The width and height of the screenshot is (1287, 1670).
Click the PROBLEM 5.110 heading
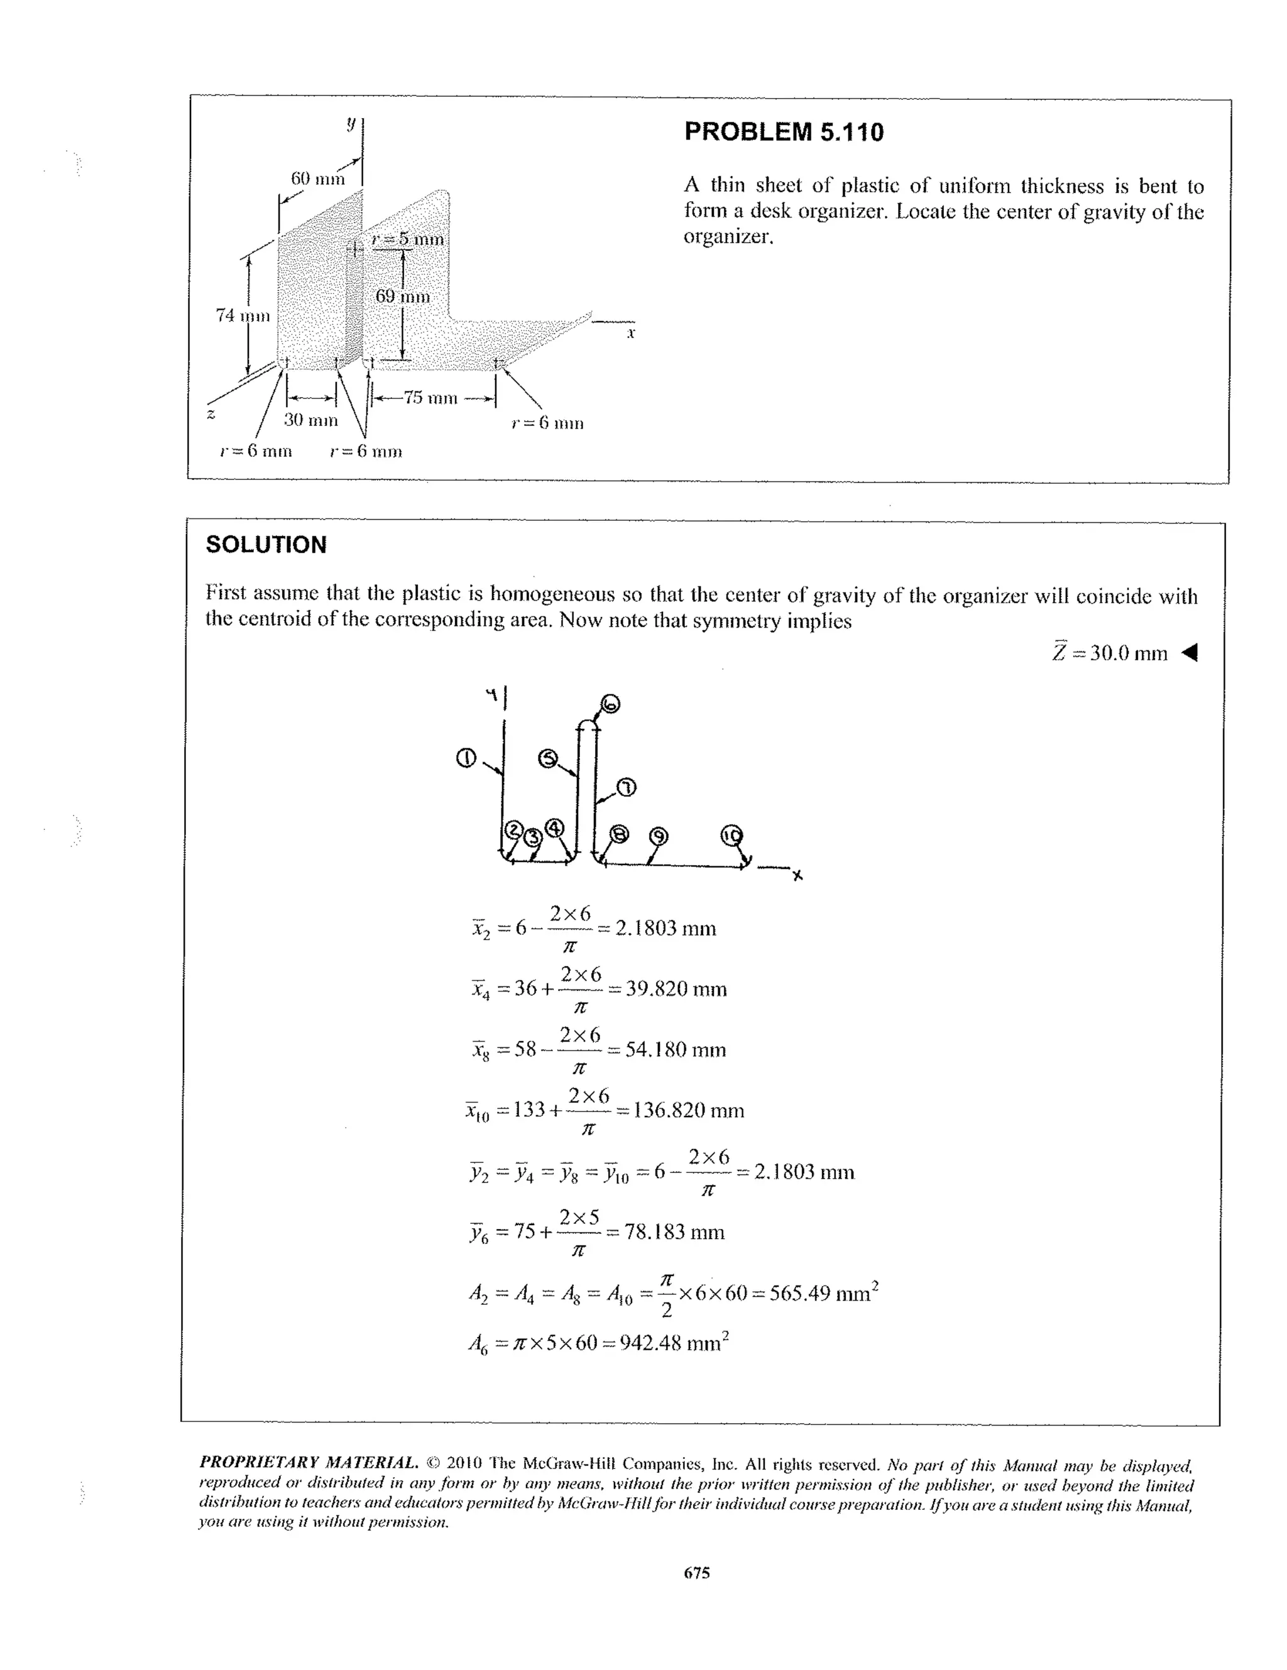point(783,133)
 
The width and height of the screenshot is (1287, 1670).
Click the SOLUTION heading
point(266,545)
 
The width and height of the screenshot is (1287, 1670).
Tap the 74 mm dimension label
point(243,315)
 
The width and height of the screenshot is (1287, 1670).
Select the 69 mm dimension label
point(402,296)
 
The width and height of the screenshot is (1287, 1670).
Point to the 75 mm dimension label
point(430,398)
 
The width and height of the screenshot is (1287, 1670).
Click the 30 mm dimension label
point(310,420)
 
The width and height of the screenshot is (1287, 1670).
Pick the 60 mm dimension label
point(317,179)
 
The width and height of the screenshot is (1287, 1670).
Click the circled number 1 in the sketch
point(466,758)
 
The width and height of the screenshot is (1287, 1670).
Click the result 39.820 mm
point(676,989)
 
